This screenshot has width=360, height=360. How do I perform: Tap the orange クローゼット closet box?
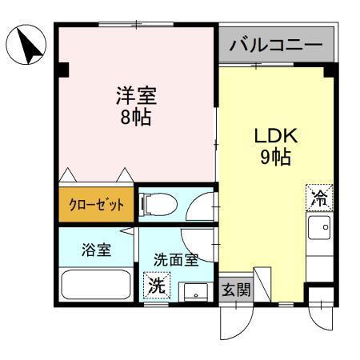click(95, 205)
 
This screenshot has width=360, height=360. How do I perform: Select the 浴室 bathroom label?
click(96, 248)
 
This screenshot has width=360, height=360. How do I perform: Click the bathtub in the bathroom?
click(96, 284)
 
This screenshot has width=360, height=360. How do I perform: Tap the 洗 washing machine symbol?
click(157, 284)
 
